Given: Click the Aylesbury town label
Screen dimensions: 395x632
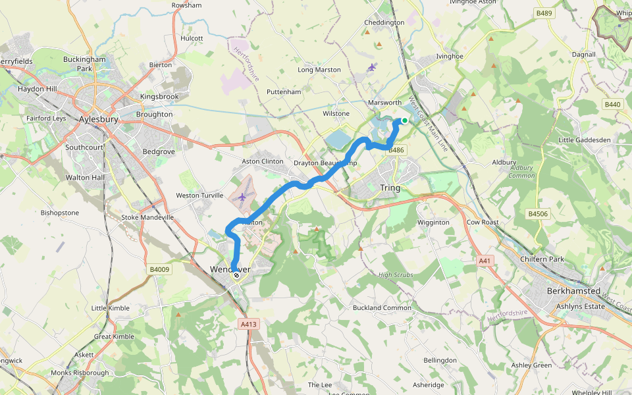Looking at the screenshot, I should pos(98,120).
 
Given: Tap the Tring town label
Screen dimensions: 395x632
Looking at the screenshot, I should pos(390,188).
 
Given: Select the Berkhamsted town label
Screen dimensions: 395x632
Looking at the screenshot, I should pos(574,291).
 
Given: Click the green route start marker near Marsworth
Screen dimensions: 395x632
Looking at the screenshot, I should pos(404,120).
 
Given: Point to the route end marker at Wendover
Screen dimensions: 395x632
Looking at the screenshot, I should pos(236,275).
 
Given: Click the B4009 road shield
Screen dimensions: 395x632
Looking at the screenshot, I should pos(159,269).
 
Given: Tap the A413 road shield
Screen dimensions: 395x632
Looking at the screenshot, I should pos(249,324).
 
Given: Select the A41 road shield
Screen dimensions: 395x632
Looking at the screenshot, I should pos(485,261).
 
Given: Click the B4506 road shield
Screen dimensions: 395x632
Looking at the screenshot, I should pos(538,214).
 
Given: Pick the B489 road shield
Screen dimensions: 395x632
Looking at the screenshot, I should pos(544,13).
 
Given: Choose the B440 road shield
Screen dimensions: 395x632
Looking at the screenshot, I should pos(612,105).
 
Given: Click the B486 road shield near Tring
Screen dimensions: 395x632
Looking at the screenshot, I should pos(396,150).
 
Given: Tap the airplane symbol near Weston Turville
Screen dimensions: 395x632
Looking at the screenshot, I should pos(243,197).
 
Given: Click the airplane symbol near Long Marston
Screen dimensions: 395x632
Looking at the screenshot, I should pos(373,66).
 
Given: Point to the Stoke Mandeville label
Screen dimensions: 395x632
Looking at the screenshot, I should pos(147,217).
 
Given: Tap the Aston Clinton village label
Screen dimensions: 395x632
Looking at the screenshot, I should pos(263,161).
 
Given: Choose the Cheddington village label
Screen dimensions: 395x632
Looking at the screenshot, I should pos(384,23).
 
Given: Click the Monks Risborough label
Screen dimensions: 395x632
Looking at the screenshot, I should pos(80,373).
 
